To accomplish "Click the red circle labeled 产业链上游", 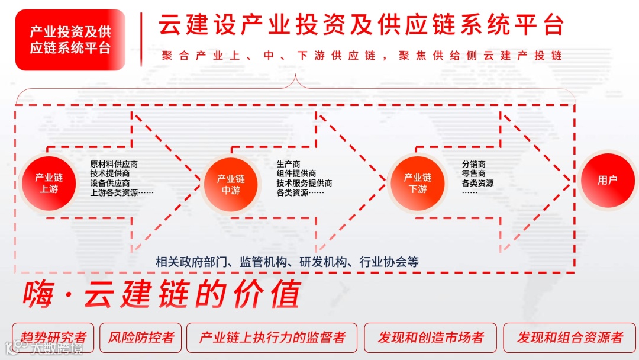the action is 49,183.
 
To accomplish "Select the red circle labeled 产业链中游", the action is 231,184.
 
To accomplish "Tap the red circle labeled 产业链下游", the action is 418,183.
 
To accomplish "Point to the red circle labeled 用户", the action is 607,181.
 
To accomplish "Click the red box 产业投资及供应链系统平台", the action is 70,40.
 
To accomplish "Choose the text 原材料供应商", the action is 114,164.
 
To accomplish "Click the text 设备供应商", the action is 110,183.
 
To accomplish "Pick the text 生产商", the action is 288,164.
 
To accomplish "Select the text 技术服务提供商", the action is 304,183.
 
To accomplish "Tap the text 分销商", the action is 474,164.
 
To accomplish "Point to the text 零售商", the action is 474,173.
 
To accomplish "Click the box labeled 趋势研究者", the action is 53,337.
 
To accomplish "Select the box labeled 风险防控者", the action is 141,337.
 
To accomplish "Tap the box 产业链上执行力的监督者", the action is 272,337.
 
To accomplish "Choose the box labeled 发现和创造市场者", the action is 431,337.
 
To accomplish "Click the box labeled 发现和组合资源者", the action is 570,337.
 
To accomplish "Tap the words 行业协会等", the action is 389,262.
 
